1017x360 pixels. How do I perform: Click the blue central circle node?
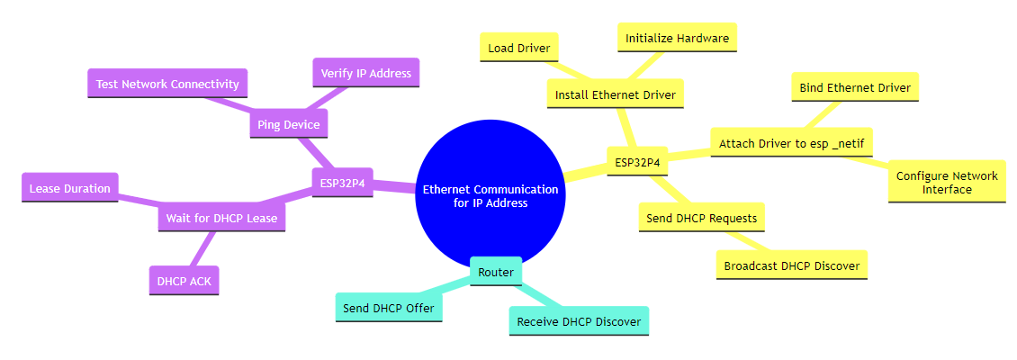coord(490,196)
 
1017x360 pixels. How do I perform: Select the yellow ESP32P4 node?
coord(637,163)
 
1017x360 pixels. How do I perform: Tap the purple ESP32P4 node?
coord(342,183)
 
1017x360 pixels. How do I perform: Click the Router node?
coord(496,272)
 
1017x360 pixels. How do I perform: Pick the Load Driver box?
coord(519,48)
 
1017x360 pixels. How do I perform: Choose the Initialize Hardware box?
coord(677,38)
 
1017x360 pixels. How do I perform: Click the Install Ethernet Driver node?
coord(616,94)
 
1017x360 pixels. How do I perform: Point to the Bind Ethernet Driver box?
coord(855,87)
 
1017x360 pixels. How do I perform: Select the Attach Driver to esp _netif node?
coord(791,143)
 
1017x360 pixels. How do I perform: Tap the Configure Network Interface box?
coord(946,183)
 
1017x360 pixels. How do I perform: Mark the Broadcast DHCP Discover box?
coord(791,265)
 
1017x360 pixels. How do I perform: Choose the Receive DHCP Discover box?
coord(579,321)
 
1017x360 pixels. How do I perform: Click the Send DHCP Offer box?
coord(389,308)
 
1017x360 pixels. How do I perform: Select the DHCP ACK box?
coord(184,281)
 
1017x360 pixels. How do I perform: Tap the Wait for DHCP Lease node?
coord(220,218)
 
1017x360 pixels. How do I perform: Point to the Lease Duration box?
coord(69,188)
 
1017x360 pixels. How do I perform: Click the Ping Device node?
coord(288,124)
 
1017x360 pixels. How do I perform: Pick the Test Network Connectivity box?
coord(167,84)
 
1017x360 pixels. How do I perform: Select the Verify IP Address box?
coord(365,73)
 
